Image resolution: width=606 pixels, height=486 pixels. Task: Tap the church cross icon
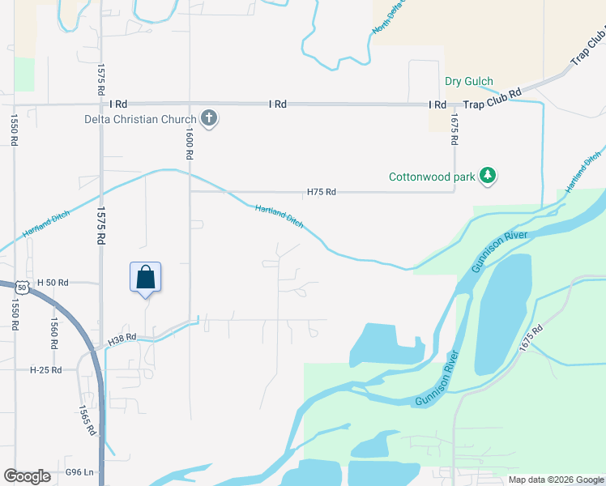[209, 119]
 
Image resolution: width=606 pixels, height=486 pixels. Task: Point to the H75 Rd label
[321, 193]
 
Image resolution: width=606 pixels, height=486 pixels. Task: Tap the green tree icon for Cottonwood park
[488, 175]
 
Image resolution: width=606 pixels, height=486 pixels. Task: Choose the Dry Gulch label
[469, 82]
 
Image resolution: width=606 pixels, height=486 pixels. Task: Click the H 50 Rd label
[51, 283]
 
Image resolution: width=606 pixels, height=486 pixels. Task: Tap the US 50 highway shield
[21, 287]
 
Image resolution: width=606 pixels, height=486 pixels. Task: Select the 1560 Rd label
[53, 332]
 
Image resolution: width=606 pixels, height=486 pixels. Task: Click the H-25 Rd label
[46, 369]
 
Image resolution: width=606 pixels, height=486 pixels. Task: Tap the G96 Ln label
[80, 471]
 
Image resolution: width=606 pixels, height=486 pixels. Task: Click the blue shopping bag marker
[146, 277]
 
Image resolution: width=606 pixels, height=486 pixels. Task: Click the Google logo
[27, 476]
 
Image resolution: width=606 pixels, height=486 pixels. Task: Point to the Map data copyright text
[555, 480]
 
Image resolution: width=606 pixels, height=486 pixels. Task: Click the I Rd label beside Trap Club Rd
[437, 104]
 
